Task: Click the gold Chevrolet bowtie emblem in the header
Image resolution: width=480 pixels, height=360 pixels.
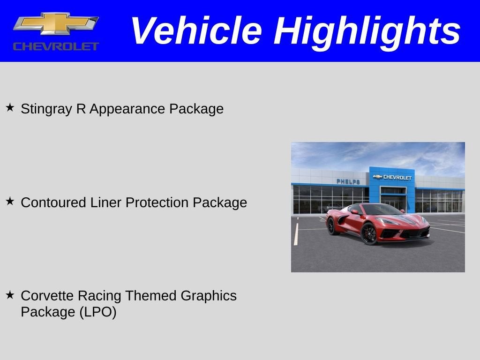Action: (x=56, y=24)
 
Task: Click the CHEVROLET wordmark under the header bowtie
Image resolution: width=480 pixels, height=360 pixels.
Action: (x=56, y=46)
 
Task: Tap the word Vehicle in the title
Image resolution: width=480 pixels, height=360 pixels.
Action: (x=196, y=31)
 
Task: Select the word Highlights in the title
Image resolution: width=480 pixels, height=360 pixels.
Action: (x=367, y=31)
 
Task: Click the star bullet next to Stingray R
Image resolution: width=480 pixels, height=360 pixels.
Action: (x=10, y=108)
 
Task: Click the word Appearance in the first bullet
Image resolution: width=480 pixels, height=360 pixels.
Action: (x=127, y=109)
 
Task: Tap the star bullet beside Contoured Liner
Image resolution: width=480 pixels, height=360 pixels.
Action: (x=10, y=202)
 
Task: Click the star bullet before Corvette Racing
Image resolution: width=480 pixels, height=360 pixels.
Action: (x=10, y=295)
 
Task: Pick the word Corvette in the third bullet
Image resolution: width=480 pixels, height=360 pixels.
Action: (x=47, y=296)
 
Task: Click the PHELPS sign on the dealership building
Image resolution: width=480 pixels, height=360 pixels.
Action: (x=348, y=181)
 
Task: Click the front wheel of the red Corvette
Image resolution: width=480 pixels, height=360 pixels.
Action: (x=369, y=233)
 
